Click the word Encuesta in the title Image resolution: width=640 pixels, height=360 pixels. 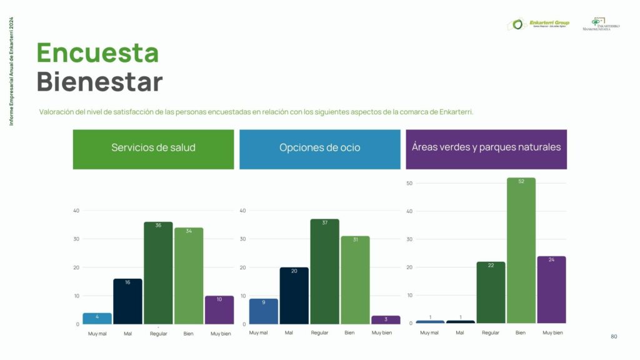[97, 52]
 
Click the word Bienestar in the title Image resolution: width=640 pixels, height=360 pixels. [99, 82]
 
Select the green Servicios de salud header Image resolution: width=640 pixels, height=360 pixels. [153, 148]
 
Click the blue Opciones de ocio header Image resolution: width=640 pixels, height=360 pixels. [319, 148]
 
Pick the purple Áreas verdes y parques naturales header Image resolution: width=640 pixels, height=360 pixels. [486, 147]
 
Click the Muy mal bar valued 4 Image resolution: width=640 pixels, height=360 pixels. [97, 319]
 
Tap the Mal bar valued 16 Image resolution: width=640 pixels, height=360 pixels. [127, 302]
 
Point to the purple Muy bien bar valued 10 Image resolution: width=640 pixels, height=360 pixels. [219, 310]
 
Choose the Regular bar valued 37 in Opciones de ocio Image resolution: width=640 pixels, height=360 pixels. [324, 272]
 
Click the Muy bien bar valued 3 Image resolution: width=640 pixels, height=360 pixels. [386, 320]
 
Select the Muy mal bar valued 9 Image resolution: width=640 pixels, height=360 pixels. [264, 311]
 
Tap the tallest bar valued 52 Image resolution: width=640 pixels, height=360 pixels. [521, 251]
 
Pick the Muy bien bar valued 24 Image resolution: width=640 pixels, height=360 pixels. [551, 290]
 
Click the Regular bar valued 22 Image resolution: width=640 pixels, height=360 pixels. [491, 292]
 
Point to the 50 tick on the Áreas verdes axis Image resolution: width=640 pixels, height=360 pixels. [409, 183]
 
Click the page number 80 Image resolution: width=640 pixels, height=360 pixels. [614, 337]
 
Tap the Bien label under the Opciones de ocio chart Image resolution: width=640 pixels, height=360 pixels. [349, 332]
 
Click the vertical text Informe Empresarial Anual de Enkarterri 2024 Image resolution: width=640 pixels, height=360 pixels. [12, 71]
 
